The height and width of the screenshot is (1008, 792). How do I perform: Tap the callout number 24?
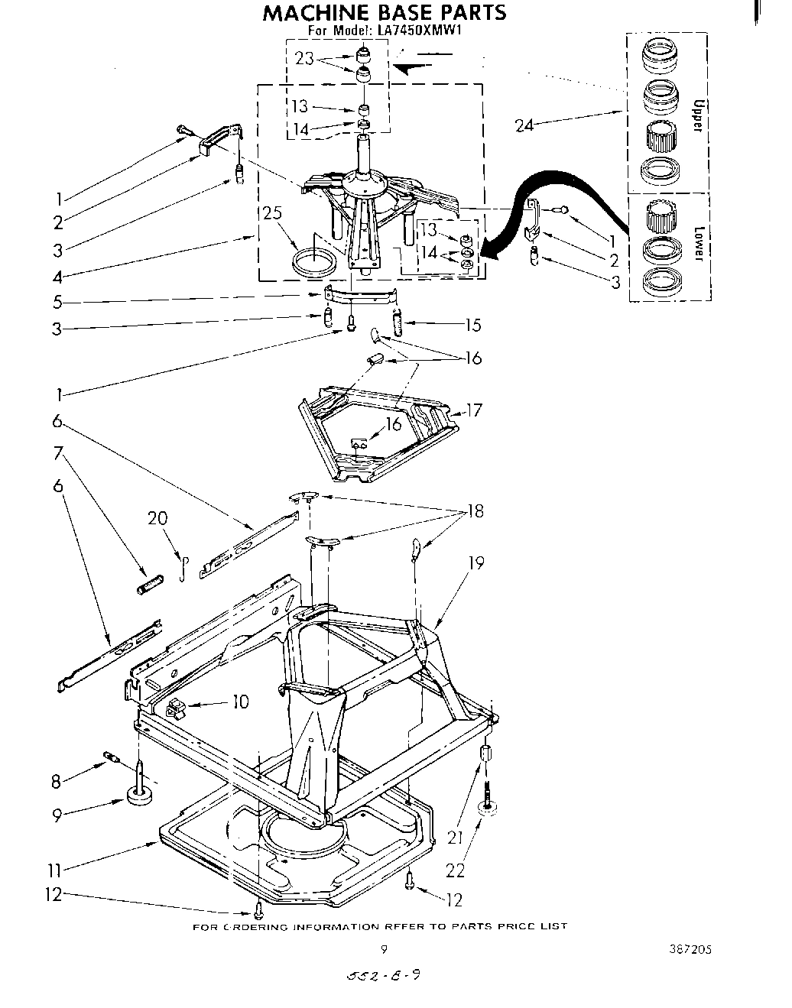(524, 125)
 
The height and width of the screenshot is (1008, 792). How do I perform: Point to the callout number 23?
(304, 58)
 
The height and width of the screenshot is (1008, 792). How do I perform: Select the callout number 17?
(474, 410)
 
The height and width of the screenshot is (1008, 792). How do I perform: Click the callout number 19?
(476, 563)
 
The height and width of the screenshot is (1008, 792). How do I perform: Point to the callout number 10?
(240, 701)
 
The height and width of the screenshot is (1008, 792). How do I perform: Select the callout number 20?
(157, 518)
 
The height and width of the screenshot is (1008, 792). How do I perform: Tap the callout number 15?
(472, 325)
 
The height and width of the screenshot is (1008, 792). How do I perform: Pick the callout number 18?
(475, 510)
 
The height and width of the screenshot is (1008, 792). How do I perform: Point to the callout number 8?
(55, 782)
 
